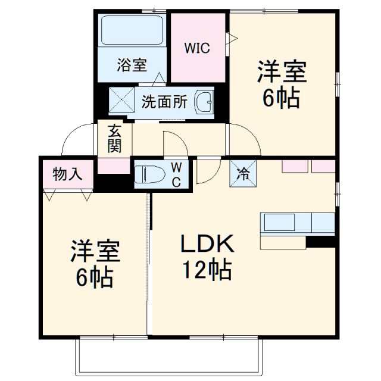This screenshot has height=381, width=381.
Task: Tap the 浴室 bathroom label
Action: click(132, 65)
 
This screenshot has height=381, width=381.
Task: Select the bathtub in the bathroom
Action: click(132, 30)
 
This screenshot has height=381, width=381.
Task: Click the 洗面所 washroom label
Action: click(164, 102)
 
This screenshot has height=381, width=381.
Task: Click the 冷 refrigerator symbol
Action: click(243, 174)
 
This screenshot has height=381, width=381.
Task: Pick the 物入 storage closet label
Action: click(65, 174)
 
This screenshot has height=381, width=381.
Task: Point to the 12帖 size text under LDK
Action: click(206, 271)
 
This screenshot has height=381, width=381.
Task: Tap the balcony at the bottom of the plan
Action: click(169, 357)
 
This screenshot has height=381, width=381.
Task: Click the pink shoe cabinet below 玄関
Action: click(114, 166)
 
